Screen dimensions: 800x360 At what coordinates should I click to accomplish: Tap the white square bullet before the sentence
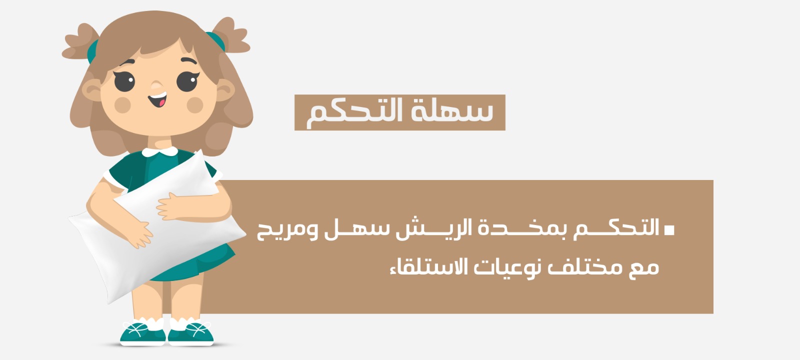(x=669, y=230)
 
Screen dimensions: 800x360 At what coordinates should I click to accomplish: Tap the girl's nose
(x=156, y=85)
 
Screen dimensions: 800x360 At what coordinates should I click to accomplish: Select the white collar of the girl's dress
(x=159, y=151)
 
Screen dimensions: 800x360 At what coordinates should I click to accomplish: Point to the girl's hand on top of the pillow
(x=171, y=207)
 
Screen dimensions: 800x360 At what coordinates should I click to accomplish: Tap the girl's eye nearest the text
(x=187, y=81)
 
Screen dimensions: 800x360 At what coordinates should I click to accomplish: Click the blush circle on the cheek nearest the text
(x=195, y=105)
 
